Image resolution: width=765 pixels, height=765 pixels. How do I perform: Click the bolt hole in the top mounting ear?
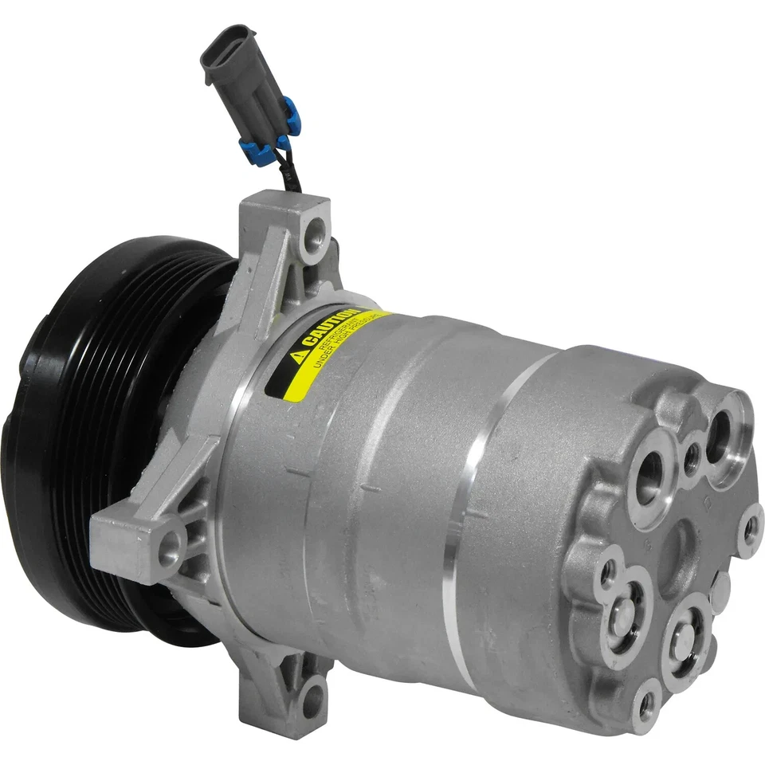click(x=318, y=231)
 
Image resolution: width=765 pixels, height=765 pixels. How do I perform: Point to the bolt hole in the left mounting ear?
click(x=168, y=549)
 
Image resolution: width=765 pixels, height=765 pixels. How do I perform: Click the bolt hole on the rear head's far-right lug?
click(x=749, y=531)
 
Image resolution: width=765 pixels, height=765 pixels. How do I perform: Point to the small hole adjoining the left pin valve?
click(x=609, y=569)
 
